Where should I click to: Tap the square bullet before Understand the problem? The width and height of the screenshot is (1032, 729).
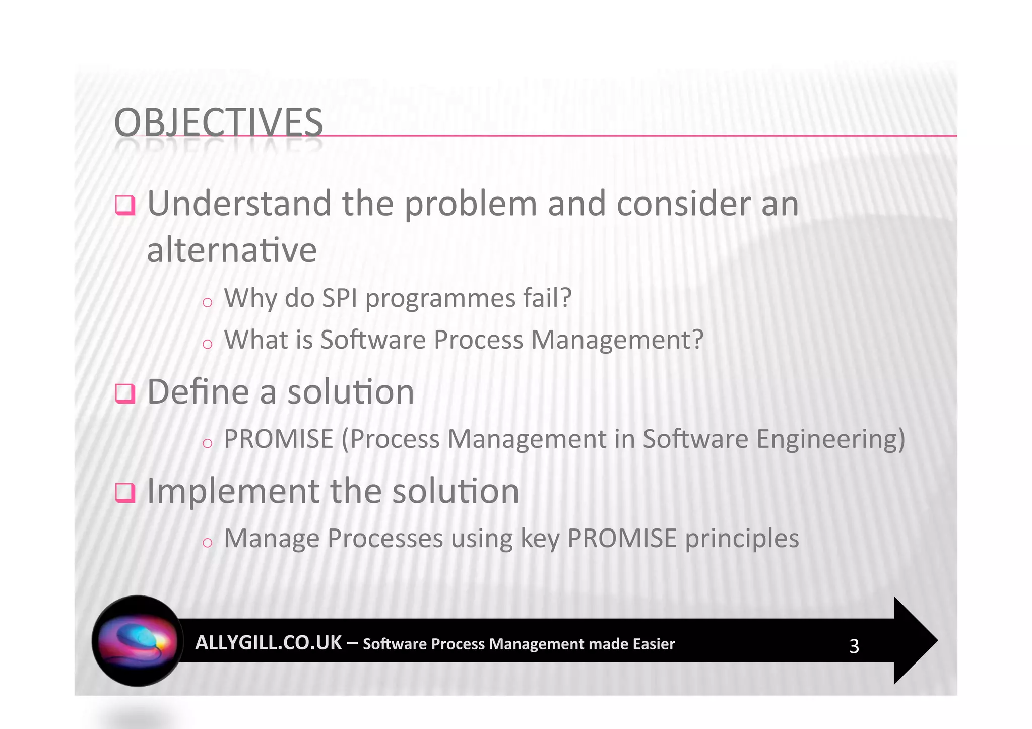(x=125, y=205)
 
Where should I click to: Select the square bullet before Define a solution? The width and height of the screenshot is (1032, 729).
(x=125, y=393)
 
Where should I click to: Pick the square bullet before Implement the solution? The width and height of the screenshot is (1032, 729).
(x=125, y=492)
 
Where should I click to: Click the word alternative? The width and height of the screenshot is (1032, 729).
(x=231, y=250)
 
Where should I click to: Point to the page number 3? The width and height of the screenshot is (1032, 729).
(x=854, y=646)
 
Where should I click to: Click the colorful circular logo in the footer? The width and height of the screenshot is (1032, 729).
(x=137, y=641)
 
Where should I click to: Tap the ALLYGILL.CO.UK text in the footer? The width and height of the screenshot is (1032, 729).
(x=268, y=643)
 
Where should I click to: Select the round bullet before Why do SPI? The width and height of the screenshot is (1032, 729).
(x=207, y=302)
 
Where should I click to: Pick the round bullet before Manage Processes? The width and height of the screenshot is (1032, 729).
(x=207, y=543)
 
